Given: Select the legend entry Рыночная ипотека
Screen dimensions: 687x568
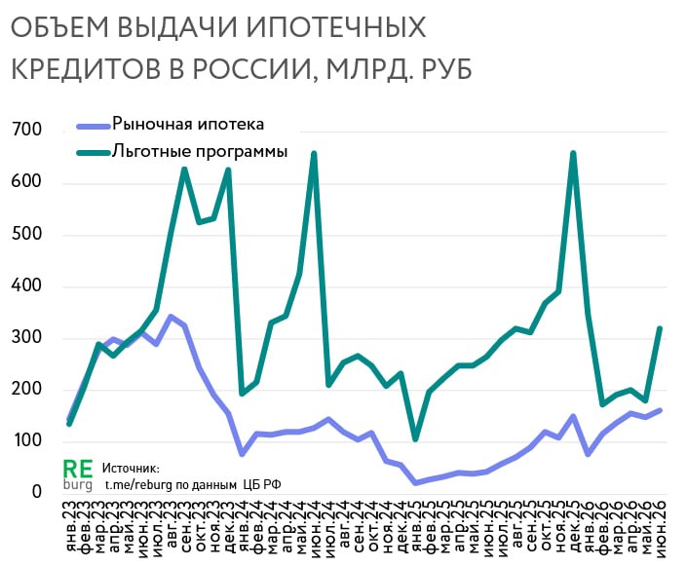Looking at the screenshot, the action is [x=171, y=125].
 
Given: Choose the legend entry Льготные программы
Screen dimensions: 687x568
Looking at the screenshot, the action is [x=182, y=152].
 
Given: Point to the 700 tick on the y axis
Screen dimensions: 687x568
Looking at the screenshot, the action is [x=26, y=130].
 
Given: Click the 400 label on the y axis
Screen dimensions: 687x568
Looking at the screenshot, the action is [x=26, y=285].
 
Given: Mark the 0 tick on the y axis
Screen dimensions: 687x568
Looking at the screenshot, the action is [x=37, y=491].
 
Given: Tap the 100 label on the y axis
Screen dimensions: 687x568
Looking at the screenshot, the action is [x=26, y=440].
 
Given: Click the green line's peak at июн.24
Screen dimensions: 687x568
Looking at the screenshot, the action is [x=314, y=153].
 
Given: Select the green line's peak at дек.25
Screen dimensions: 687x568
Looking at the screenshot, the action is [x=573, y=153].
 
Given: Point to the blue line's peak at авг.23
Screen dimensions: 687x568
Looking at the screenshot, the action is [x=170, y=317].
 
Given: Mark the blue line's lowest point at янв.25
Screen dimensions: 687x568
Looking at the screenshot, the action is [x=415, y=482].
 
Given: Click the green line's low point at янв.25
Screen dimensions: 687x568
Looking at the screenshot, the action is [x=415, y=438].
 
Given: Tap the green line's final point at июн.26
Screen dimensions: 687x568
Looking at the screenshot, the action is [x=660, y=328].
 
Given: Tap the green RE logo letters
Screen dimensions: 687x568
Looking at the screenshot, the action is [x=78, y=470].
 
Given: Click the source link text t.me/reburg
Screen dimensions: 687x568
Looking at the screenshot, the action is [x=139, y=485].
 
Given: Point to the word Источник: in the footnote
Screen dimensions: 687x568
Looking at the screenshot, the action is [x=131, y=469].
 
